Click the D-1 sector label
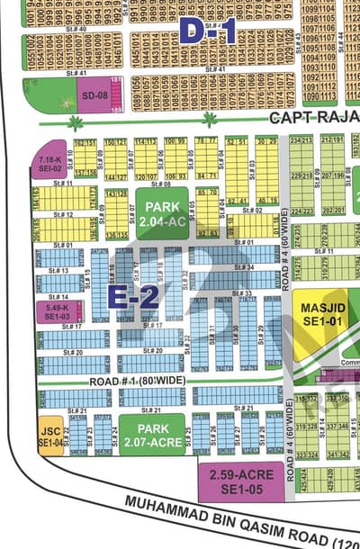pyautogui.click(x=207, y=32)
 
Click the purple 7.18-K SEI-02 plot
pyautogui.click(x=49, y=165)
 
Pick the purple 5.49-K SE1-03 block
pyautogui.click(x=57, y=311)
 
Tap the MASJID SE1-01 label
pyautogui.click(x=321, y=313)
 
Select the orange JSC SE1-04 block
pyautogui.click(x=49, y=436)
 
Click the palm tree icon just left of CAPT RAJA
pyautogui.click(x=210, y=118)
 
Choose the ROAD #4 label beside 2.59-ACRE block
pyautogui.click(x=291, y=459)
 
